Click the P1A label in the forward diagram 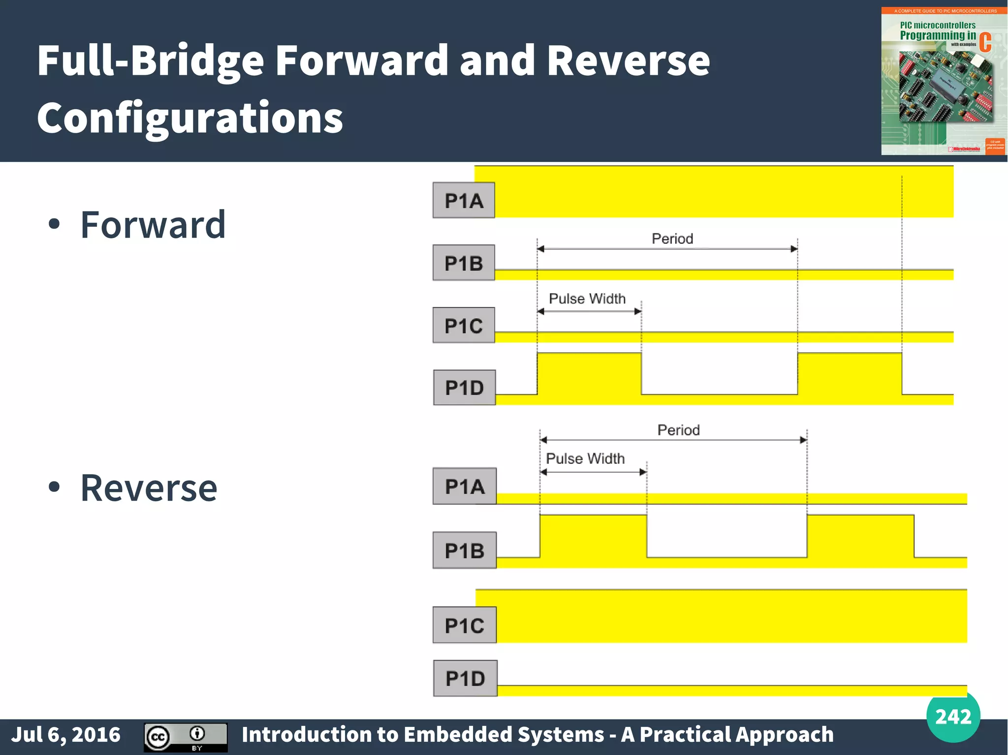(464, 200)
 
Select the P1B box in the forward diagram (464, 263)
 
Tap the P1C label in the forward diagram (464, 325)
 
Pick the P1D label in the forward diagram (464, 388)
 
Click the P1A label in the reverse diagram (465, 486)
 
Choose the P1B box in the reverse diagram (465, 550)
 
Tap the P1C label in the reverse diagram (465, 625)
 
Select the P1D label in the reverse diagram (465, 678)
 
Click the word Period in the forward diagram (672, 239)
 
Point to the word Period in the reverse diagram (678, 430)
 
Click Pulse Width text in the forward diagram (587, 299)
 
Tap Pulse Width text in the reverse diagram (585, 458)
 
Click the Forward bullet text (153, 225)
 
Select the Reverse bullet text (149, 488)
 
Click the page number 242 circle (953, 716)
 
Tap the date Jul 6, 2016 (66, 735)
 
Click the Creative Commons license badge (186, 737)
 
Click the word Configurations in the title (190, 118)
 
